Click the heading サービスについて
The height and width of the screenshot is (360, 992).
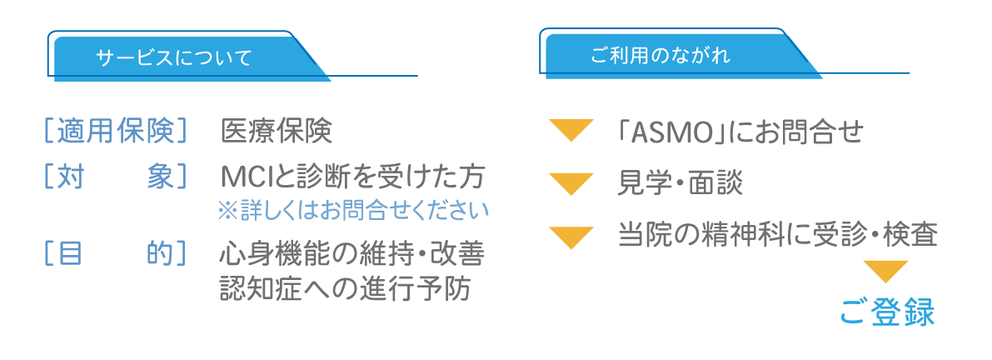tap(173, 58)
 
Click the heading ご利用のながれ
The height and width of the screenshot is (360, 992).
tap(661, 57)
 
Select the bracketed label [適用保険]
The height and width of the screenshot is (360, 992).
tap(116, 131)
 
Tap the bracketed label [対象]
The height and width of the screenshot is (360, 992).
tap(116, 177)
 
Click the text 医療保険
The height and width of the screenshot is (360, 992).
tap(277, 131)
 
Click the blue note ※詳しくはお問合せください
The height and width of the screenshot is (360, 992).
tap(353, 211)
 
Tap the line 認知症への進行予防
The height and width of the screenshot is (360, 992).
tap(345, 288)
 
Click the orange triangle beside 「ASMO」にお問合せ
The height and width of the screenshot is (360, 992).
tap(571, 130)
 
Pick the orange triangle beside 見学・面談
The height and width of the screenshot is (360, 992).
tap(571, 182)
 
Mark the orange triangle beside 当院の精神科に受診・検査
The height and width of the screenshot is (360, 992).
tap(571, 237)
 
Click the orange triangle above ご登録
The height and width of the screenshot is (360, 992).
tap(885, 271)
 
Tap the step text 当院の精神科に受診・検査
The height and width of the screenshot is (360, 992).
tap(778, 237)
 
